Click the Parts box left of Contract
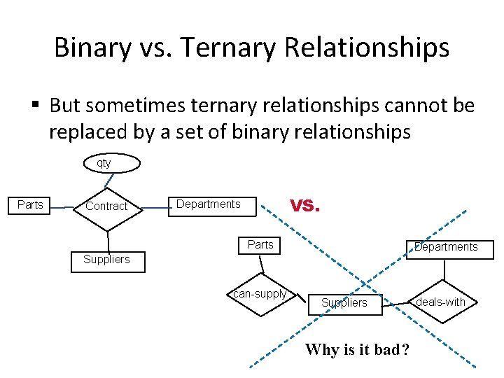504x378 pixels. coord(30,205)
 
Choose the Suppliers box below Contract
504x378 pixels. coord(106,260)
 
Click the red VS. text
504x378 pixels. coord(304,206)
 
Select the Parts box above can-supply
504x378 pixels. coord(260,245)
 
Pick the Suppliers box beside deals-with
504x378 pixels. coord(344,303)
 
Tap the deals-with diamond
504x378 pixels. coord(440,302)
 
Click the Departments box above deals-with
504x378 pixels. coord(445,248)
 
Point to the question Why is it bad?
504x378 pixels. coord(356,350)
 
